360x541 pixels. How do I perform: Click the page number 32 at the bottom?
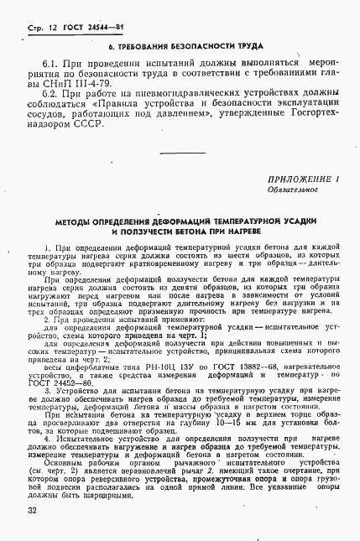[x=31, y=509]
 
